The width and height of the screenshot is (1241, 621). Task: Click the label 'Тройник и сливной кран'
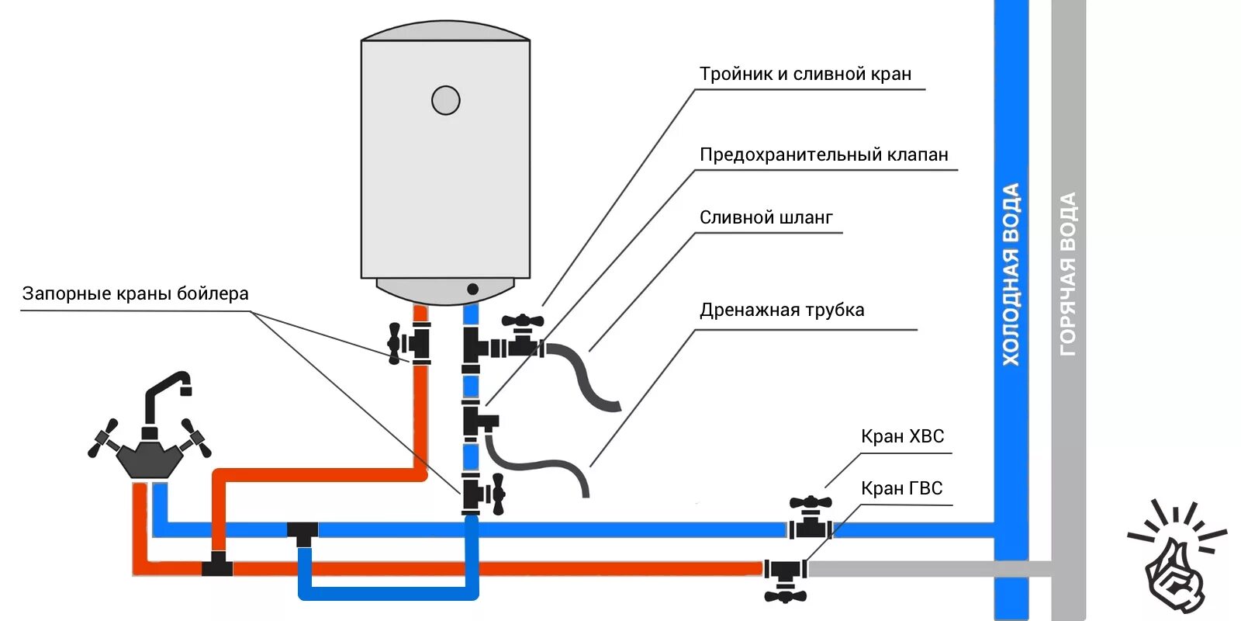point(805,74)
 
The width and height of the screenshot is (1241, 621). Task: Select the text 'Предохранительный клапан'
point(824,154)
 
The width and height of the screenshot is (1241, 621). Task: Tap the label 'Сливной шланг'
point(766,217)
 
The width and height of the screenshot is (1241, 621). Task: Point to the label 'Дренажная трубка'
point(781,310)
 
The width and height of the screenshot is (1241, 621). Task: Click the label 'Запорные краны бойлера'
point(135,293)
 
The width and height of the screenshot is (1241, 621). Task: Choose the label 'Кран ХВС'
point(902,436)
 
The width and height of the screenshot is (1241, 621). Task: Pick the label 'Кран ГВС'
point(901,488)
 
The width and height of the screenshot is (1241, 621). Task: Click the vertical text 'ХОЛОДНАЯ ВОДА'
point(1011,274)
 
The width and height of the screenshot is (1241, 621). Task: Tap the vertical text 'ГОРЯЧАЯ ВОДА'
point(1068,274)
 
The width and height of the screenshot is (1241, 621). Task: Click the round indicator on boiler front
point(445,100)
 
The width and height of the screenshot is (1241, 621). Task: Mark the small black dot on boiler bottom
point(472,289)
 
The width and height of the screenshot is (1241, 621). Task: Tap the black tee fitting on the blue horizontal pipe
point(302,533)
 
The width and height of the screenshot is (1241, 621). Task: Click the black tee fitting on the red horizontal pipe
point(218,564)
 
